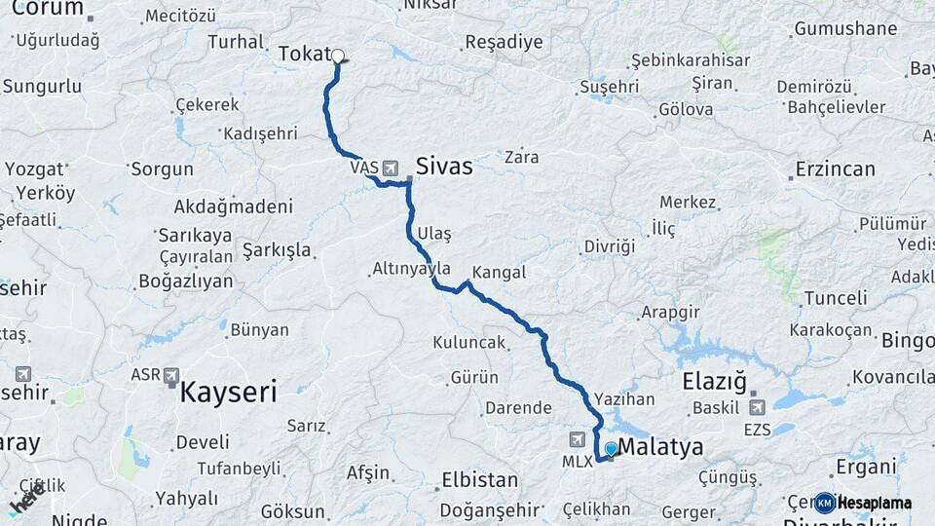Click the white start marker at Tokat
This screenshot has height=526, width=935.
click(x=338, y=56)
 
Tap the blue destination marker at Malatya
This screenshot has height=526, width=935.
click(x=611, y=449)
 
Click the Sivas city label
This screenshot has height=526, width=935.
click(x=444, y=167)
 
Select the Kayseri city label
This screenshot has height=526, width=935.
click(x=228, y=393)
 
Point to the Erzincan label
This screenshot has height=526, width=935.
click(x=835, y=169)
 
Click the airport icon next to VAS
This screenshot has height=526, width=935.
click(x=392, y=168)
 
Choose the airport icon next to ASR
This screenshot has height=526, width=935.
click(x=172, y=374)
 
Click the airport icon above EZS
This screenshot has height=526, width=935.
click(x=757, y=406)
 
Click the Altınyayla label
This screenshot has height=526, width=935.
click(x=411, y=268)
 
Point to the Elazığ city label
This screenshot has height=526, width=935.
click(x=714, y=380)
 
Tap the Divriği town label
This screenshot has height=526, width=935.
click(x=610, y=245)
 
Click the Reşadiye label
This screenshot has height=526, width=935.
click(x=504, y=42)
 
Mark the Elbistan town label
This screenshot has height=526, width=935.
click(x=479, y=479)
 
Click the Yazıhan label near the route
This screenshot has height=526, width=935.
click(x=623, y=399)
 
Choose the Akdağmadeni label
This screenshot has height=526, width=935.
click(x=233, y=207)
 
